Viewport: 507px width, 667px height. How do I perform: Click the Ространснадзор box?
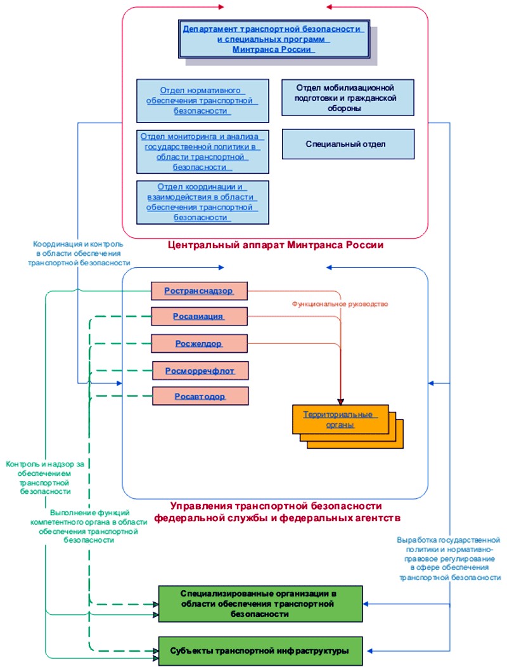[x=199, y=291]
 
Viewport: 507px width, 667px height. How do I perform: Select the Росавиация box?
[x=199, y=317]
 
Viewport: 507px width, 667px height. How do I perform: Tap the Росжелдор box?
[x=199, y=343]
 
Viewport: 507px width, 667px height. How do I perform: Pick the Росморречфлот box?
[x=200, y=371]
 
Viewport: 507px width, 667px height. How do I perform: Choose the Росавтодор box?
[x=200, y=396]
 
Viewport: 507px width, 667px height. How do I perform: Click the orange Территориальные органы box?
[x=340, y=419]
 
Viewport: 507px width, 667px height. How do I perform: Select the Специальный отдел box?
[x=348, y=144]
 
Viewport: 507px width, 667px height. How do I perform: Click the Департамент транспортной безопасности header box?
[x=274, y=39]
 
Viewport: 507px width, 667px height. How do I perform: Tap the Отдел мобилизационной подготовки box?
[x=348, y=97]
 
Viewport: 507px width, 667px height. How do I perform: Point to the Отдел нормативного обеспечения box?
[x=203, y=101]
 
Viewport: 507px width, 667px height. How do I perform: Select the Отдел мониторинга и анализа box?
[x=203, y=152]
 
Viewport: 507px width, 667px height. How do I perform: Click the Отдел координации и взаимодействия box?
[x=203, y=202]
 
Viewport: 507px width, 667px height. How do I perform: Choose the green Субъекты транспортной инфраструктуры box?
[x=260, y=651]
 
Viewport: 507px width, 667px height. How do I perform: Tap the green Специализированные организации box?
[x=260, y=604]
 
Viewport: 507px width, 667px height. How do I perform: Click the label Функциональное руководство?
[x=340, y=304]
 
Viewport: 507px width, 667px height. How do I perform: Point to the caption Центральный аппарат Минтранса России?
[x=276, y=245]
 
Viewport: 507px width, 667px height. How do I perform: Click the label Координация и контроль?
[x=79, y=253]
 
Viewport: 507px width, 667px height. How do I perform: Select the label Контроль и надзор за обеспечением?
[x=45, y=478]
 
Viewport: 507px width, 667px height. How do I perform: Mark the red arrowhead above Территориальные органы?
[x=340, y=402]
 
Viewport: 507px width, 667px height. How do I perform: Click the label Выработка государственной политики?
[x=449, y=558]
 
